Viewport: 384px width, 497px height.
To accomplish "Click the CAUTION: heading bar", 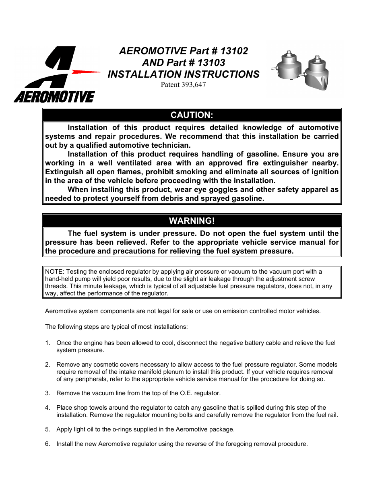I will click(192, 115).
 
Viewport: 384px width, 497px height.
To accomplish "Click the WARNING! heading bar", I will click(192, 221).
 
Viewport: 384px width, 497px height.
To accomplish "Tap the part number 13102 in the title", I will click(234, 51).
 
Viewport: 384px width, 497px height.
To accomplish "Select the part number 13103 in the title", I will click(211, 63).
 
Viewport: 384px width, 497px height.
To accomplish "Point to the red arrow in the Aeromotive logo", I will click(86, 72).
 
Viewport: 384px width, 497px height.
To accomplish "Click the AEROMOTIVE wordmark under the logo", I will click(54, 97).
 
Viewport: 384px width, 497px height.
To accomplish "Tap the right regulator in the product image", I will click(318, 74).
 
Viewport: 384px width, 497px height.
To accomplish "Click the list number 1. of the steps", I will click(47, 343).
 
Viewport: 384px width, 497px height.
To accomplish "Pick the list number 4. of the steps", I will click(47, 408).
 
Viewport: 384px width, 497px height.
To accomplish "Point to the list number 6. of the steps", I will click(47, 444).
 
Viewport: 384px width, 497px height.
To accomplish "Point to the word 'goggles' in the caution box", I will click(223, 190).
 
